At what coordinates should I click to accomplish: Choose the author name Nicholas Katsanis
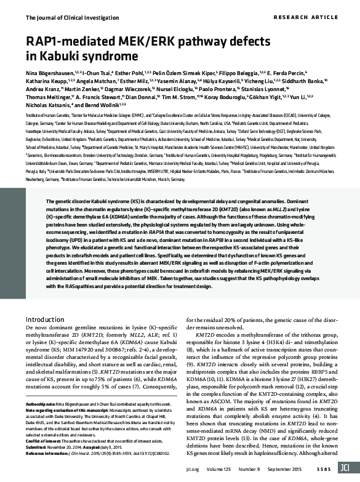(x=49, y=106)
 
